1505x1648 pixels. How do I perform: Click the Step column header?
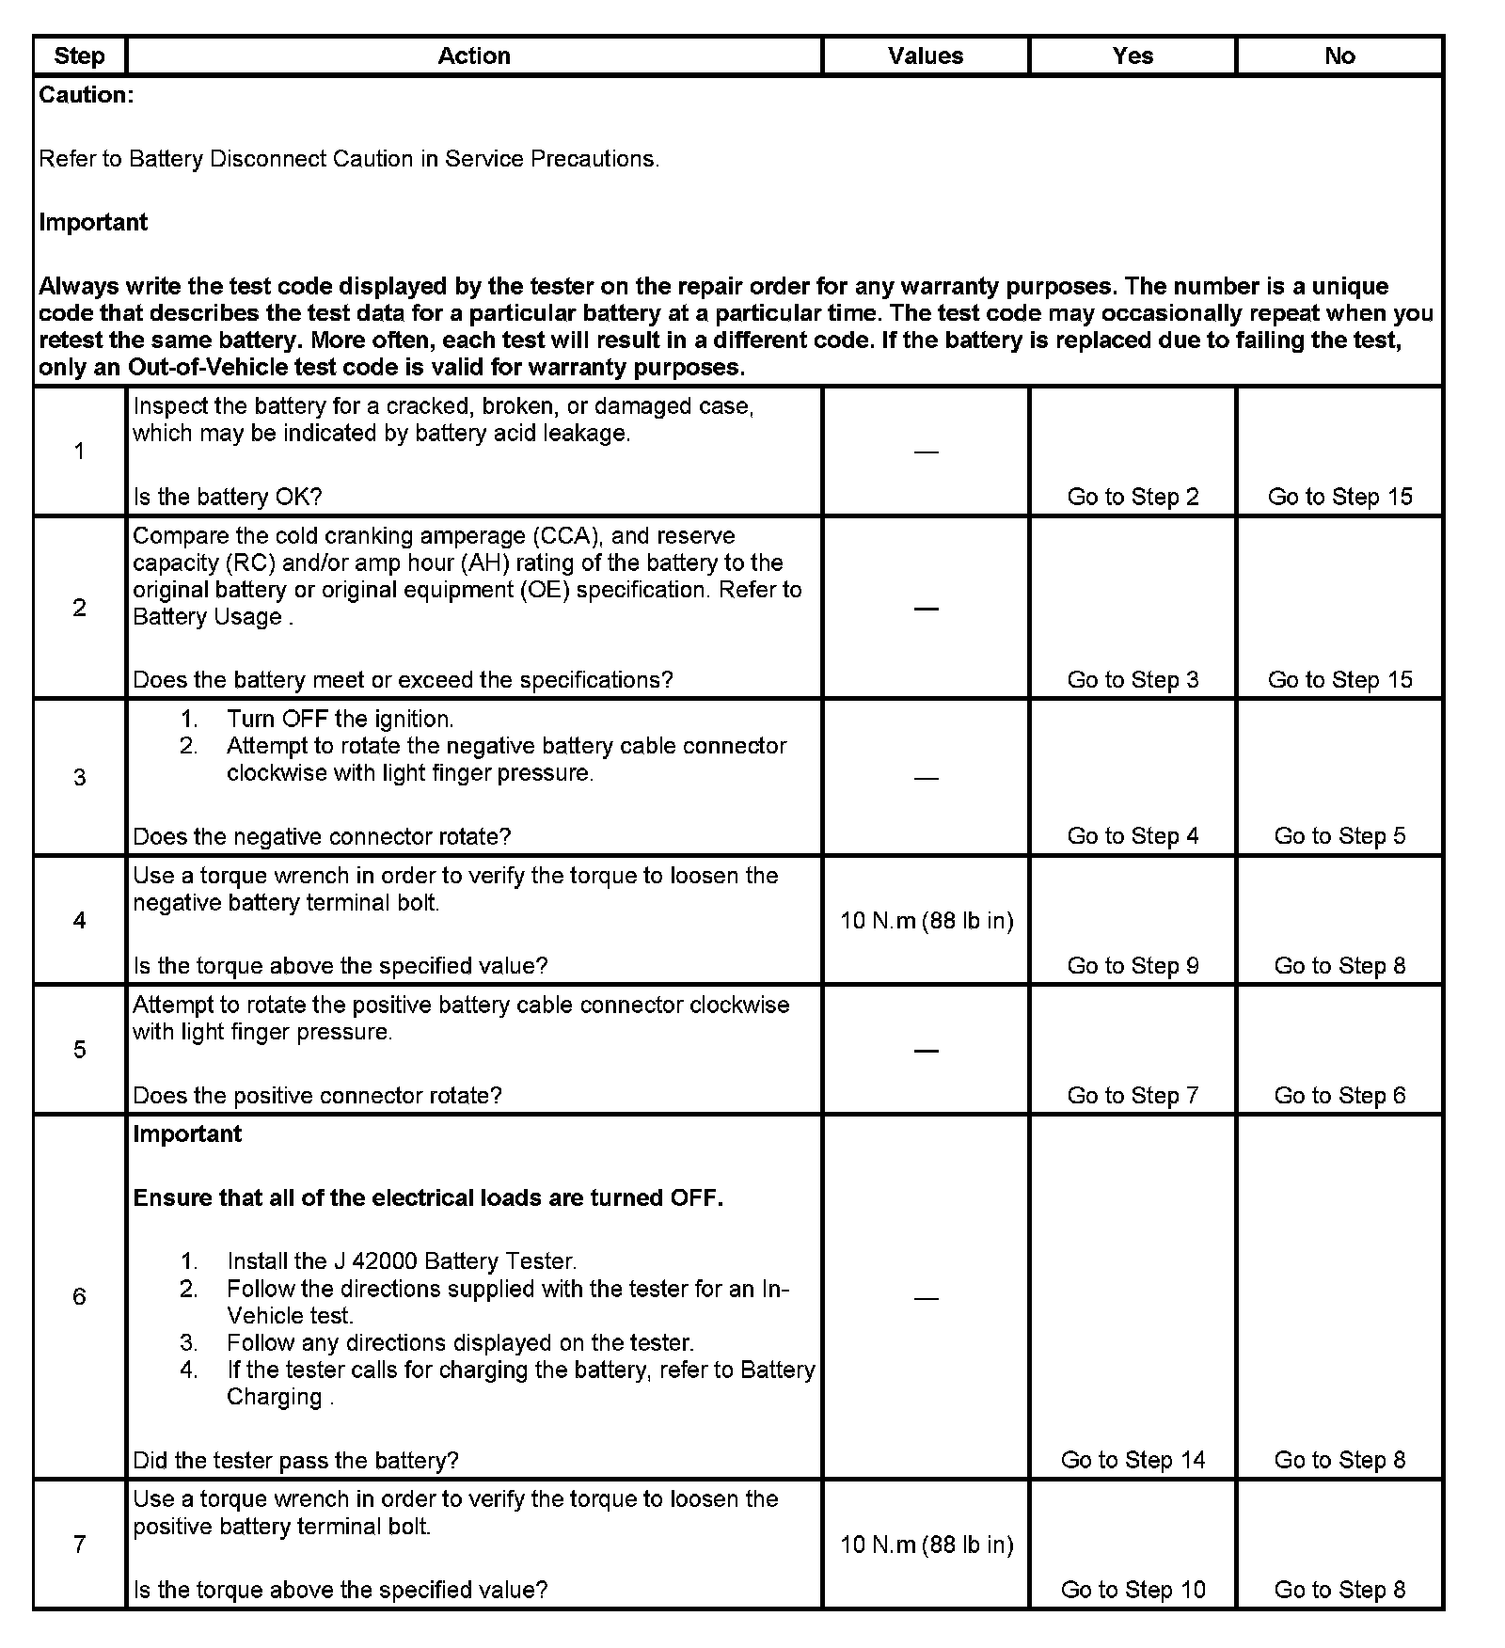tap(79, 55)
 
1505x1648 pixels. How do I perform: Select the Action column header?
tap(474, 55)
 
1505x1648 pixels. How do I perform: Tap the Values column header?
tap(926, 55)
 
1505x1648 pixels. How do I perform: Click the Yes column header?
tap(1133, 55)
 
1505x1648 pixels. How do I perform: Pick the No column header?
tap(1339, 55)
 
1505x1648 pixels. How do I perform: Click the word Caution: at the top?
tap(87, 95)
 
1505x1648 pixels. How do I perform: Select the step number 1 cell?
tap(79, 452)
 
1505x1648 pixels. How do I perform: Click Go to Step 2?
tap(1133, 497)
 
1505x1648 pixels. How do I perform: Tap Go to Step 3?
tap(1133, 679)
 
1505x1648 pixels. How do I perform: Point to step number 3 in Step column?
tap(79, 777)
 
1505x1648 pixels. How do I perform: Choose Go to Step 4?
tap(1133, 836)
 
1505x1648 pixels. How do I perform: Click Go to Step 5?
tap(1339, 836)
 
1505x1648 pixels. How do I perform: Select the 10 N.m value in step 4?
tap(927, 920)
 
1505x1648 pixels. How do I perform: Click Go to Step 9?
tap(1133, 966)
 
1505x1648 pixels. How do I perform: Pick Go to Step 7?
tap(1133, 1095)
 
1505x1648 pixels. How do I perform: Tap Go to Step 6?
tap(1339, 1095)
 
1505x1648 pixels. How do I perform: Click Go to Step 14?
tap(1133, 1460)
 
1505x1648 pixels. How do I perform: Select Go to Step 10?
tap(1133, 1590)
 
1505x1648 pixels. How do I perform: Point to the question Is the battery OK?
tap(228, 497)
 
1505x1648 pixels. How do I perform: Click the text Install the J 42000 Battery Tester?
tap(402, 1261)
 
